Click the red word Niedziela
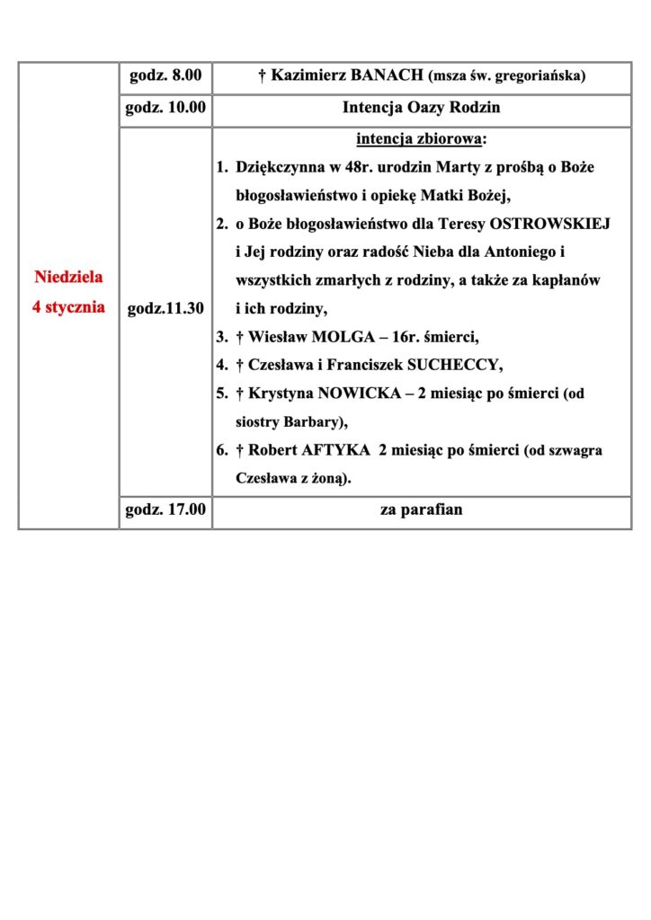click(68, 279)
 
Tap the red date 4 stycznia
click(68, 307)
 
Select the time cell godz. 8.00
click(165, 76)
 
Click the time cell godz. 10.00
click(165, 108)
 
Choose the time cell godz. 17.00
click(165, 510)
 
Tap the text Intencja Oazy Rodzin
click(421, 109)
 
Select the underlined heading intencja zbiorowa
click(419, 139)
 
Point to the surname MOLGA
click(338, 337)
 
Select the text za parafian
click(421, 510)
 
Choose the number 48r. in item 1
click(346, 167)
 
